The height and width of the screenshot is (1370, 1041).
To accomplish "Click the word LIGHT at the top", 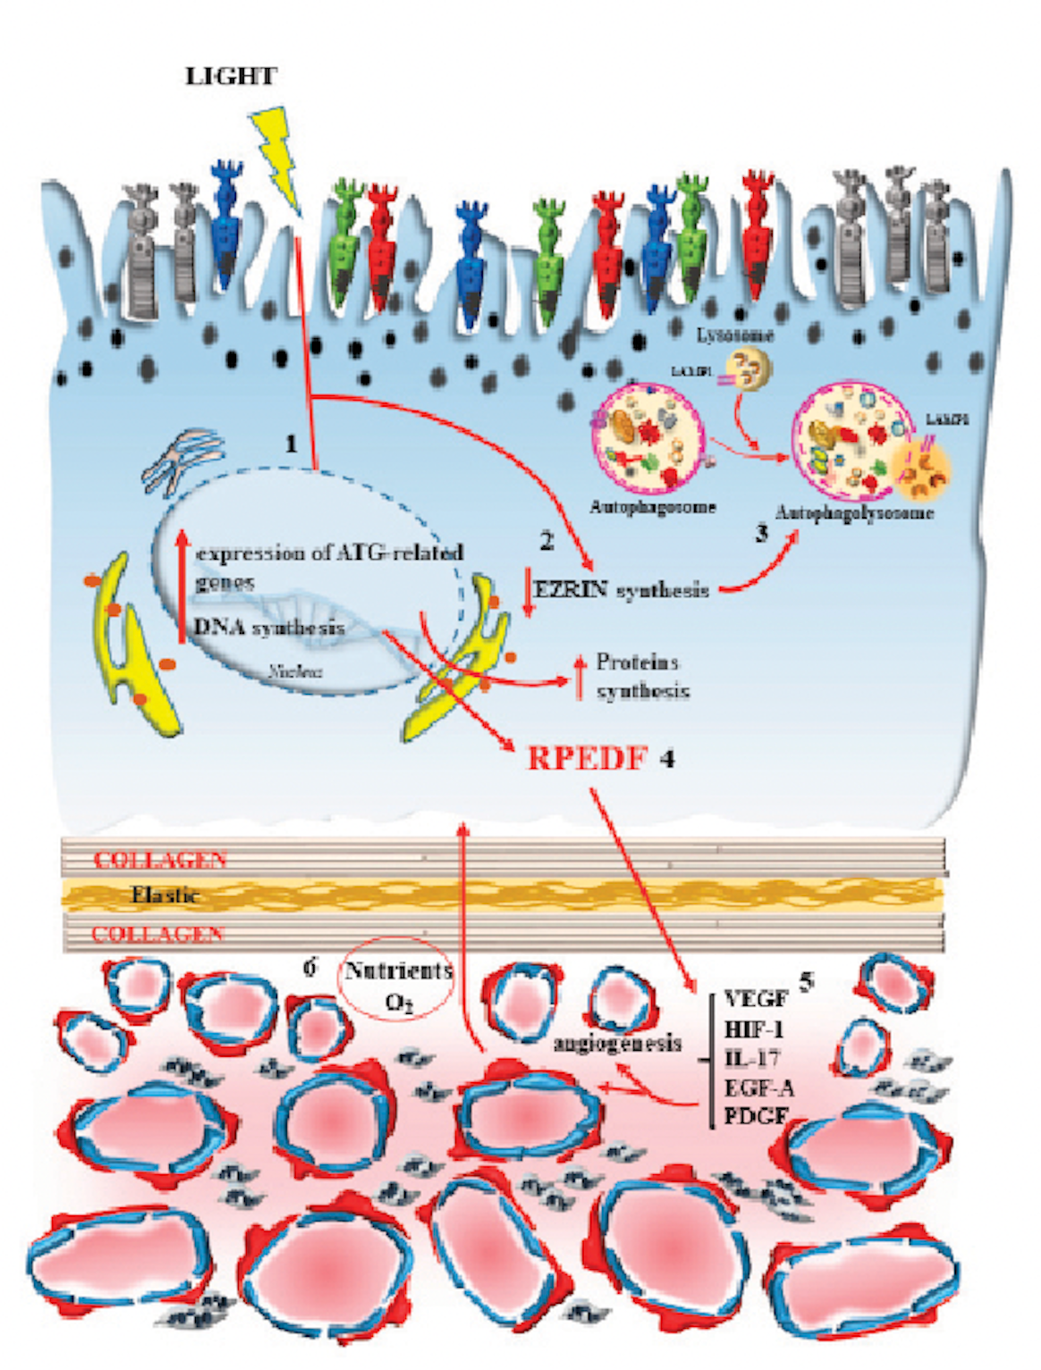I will click(x=231, y=77).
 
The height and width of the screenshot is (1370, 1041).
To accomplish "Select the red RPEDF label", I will click(x=588, y=758).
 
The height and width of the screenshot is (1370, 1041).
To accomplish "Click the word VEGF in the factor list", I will click(x=757, y=999).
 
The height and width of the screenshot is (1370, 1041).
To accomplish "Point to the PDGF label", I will click(x=757, y=1116).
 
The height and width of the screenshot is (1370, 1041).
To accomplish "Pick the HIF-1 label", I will click(x=753, y=1028).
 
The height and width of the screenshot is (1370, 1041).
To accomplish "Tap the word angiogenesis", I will click(x=618, y=1043).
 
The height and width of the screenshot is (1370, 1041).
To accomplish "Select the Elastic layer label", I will click(x=165, y=894).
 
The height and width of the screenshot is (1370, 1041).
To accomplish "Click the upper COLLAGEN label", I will click(x=160, y=860).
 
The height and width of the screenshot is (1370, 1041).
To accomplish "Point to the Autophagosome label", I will click(x=653, y=507).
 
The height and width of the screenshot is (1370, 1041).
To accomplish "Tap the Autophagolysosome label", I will click(x=854, y=513).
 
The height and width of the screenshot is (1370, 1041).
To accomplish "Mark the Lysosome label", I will click(x=735, y=335).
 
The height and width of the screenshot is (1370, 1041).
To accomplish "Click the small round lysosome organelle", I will click(x=749, y=368).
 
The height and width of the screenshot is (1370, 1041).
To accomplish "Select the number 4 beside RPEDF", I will click(x=667, y=758).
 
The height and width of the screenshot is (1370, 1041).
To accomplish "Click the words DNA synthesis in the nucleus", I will click(x=269, y=628).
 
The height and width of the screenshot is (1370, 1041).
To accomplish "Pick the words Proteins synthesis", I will click(x=642, y=676).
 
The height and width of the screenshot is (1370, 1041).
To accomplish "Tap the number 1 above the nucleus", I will click(x=291, y=443).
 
